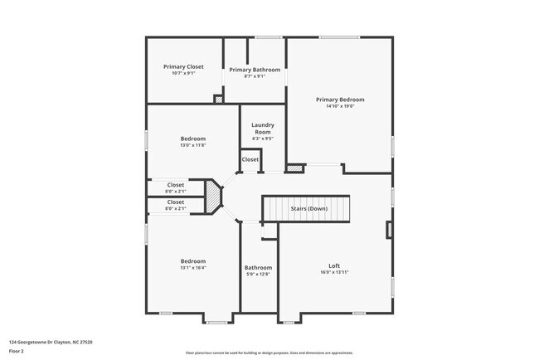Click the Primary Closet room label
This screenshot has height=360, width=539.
pyautogui.click(x=183, y=66)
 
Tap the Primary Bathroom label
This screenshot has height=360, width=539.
pyautogui.click(x=255, y=70)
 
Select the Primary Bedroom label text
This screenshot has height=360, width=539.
pyautogui.click(x=340, y=100)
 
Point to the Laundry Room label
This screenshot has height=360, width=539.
pyautogui.click(x=262, y=129)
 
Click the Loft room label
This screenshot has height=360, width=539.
pyautogui.click(x=334, y=265)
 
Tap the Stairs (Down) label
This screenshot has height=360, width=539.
pyautogui.click(x=308, y=209)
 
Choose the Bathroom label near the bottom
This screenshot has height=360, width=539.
pyautogui.click(x=258, y=267)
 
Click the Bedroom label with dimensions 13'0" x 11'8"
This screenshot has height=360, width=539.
pyautogui.click(x=193, y=139)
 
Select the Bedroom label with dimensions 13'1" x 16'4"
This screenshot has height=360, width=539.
pyautogui.click(x=193, y=260)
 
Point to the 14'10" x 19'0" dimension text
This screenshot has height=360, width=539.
pyautogui.click(x=340, y=106)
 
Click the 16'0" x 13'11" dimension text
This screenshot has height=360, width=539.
pyautogui.click(x=334, y=272)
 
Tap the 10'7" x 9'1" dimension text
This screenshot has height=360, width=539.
pyautogui.click(x=183, y=73)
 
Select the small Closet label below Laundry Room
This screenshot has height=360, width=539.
pyautogui.click(x=250, y=159)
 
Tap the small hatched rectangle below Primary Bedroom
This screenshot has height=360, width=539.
pyautogui.click(x=294, y=168)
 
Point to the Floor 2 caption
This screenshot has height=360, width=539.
pyautogui.click(x=17, y=351)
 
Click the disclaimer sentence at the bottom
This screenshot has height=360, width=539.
pyautogui.click(x=269, y=353)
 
